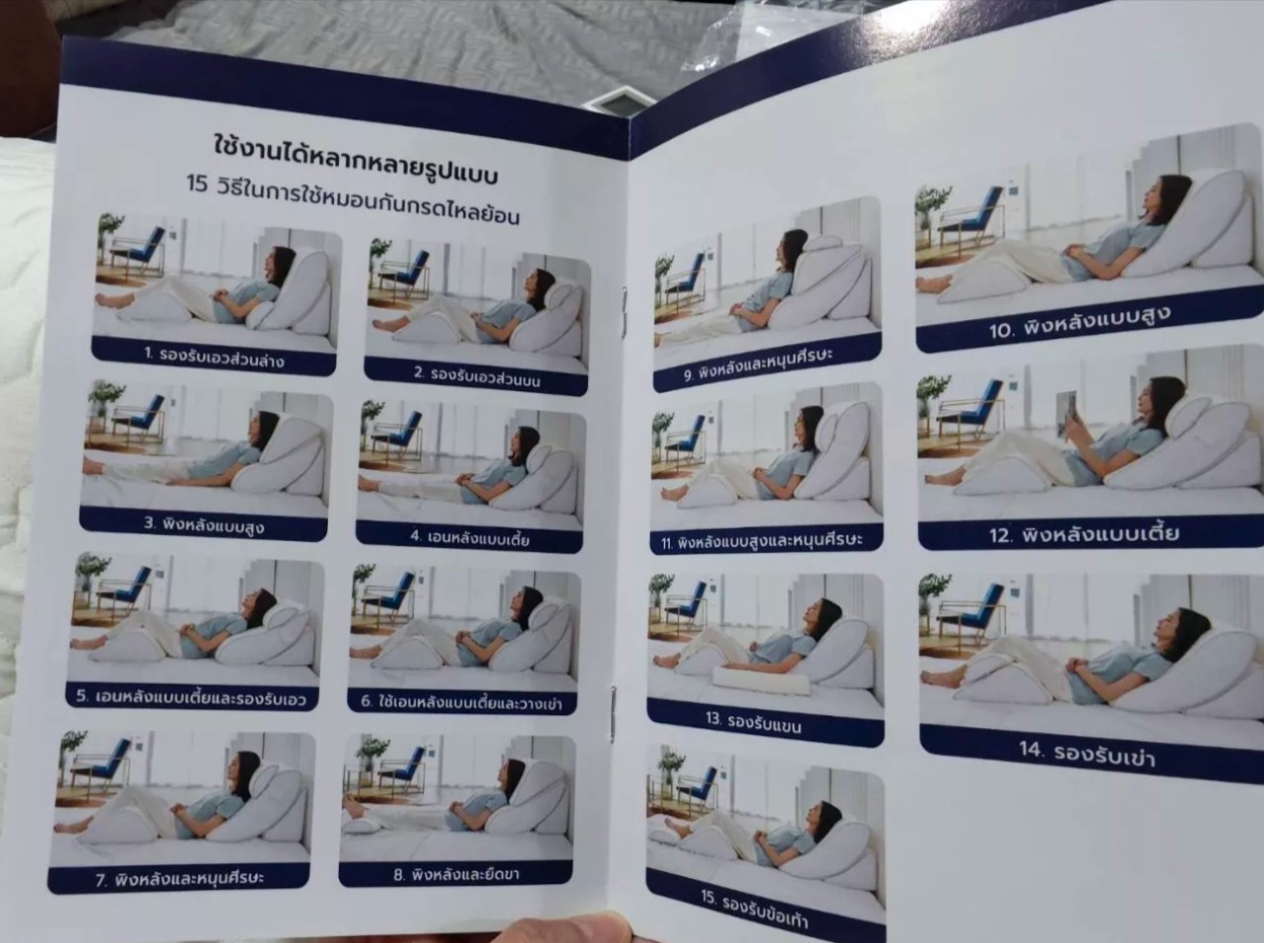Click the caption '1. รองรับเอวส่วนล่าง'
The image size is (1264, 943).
214,357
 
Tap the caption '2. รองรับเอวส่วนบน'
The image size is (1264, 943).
477,376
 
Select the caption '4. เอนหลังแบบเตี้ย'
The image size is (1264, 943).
470,538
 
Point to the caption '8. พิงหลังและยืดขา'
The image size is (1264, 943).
456,875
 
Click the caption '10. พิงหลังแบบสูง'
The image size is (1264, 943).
1081,322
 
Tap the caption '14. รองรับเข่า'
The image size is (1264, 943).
1088,755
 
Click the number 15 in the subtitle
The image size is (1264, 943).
197,183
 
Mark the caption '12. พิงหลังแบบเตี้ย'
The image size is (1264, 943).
1084,535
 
